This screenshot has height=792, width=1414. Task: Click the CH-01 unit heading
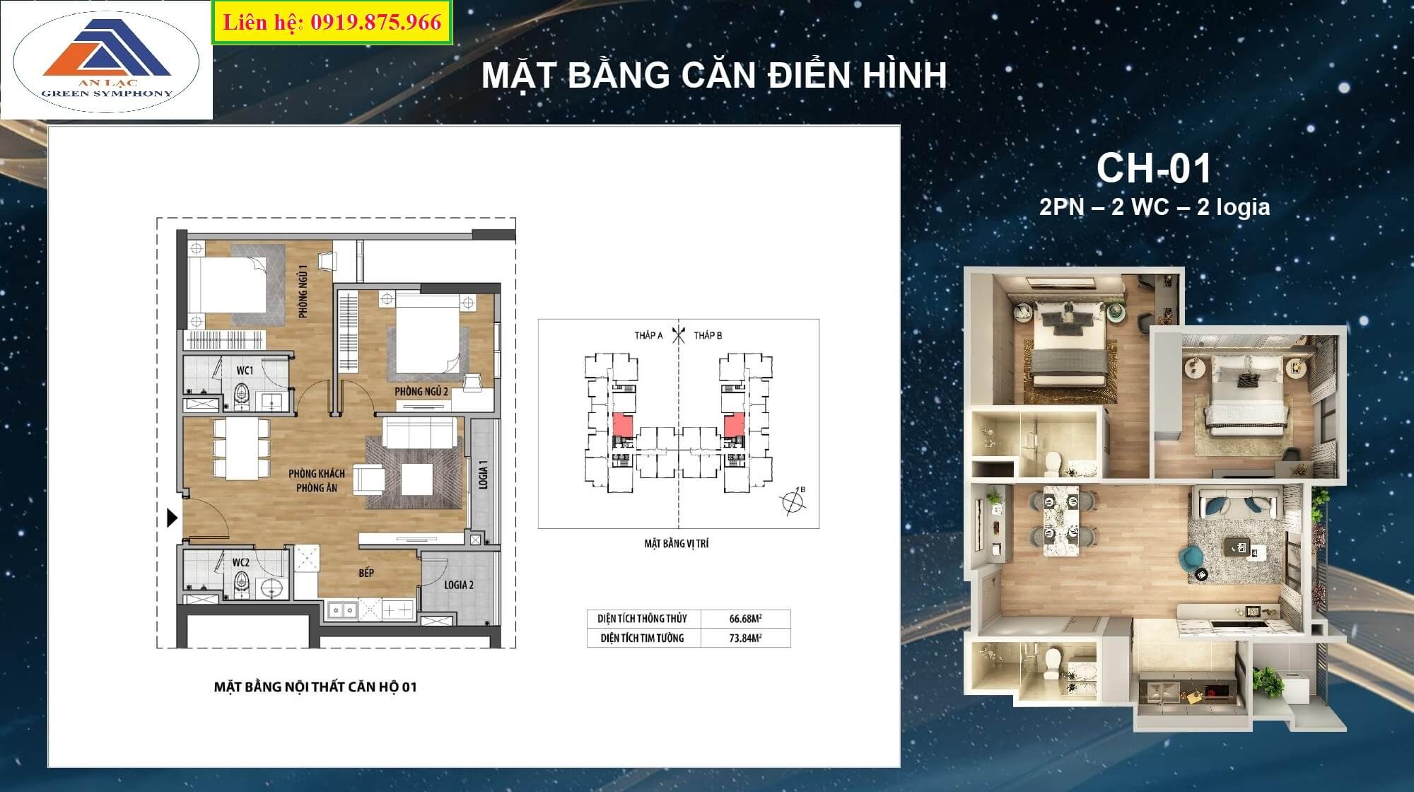[1154, 168]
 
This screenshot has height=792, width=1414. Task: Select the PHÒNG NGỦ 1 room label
[303, 291]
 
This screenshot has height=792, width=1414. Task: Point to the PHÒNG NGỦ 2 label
[421, 391]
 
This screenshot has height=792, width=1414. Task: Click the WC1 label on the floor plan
[245, 371]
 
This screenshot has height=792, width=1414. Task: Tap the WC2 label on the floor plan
[241, 563]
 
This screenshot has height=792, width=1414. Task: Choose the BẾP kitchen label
[366, 573]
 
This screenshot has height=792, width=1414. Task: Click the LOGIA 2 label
[459, 585]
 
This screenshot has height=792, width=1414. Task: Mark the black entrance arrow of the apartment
[172, 518]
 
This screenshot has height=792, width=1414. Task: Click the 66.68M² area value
[745, 619]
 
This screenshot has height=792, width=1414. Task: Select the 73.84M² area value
[745, 638]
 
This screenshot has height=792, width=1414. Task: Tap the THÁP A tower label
[648, 335]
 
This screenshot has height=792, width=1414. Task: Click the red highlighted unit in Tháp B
[735, 425]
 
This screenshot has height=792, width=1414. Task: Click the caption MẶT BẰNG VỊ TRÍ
[676, 544]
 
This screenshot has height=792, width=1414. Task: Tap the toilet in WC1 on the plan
[242, 396]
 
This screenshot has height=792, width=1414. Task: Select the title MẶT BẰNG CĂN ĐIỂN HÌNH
[714, 75]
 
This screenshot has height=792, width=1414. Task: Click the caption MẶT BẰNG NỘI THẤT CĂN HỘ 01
[315, 687]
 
